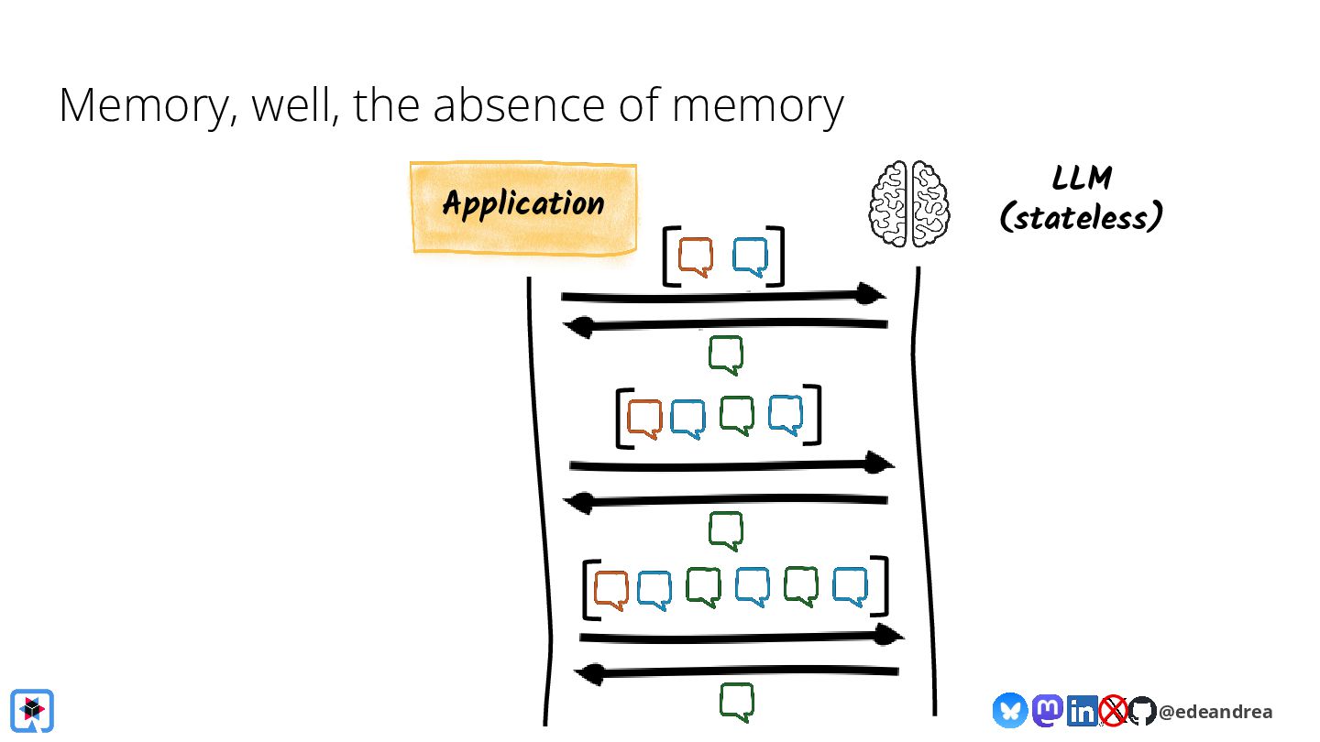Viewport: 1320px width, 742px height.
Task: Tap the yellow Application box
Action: coord(523,207)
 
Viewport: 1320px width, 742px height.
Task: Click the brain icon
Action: coord(909,203)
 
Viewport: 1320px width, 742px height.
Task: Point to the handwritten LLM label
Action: coord(1082,178)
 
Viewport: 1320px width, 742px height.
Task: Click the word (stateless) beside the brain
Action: coord(1082,217)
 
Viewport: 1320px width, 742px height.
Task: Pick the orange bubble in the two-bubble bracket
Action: coord(696,256)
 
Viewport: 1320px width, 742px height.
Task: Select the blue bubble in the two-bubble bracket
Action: coord(750,256)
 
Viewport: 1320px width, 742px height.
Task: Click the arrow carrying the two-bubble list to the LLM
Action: coord(723,296)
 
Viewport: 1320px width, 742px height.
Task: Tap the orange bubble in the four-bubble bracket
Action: coord(644,420)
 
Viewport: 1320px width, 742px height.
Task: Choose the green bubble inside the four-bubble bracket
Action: coord(737,416)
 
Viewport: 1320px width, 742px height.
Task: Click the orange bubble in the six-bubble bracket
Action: coord(611,590)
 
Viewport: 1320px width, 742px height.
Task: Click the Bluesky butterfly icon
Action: coord(1010,710)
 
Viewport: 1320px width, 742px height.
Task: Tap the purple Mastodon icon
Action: coord(1047,710)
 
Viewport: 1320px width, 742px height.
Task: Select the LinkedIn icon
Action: coord(1082,711)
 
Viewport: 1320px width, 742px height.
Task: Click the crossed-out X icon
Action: coord(1113,710)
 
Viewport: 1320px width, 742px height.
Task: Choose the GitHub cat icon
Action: coord(1142,711)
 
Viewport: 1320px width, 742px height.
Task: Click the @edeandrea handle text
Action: coord(1215,712)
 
